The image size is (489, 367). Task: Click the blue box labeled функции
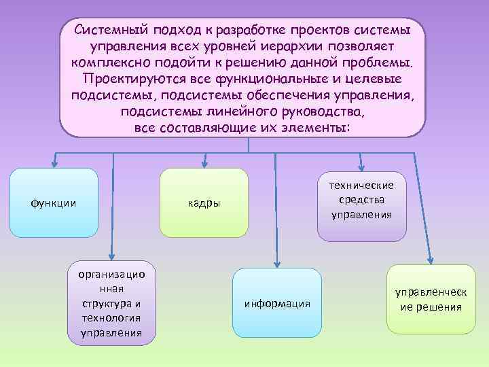(x=54, y=203)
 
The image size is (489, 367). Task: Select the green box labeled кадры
(x=204, y=203)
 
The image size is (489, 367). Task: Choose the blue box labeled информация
(x=276, y=302)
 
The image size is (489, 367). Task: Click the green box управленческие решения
(x=431, y=300)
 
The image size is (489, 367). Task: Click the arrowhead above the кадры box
(x=204, y=163)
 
